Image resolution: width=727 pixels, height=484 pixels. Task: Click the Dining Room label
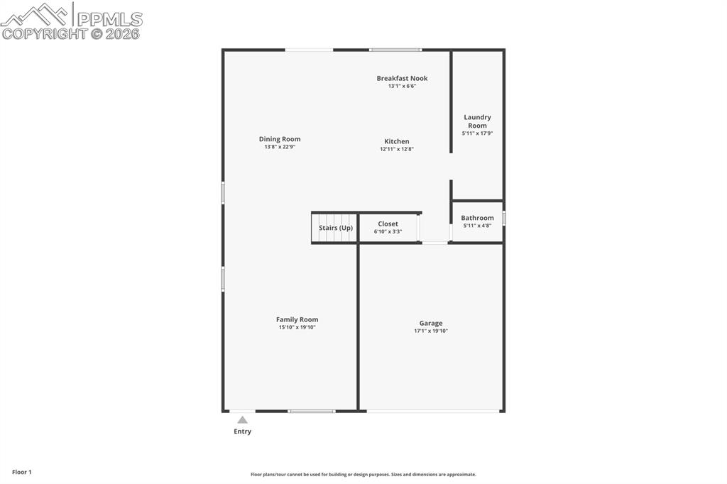(279, 139)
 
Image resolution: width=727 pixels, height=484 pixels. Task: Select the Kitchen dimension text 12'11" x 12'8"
(396, 149)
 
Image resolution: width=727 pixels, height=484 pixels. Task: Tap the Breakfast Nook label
(402, 78)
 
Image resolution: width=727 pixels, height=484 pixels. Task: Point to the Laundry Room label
(477, 121)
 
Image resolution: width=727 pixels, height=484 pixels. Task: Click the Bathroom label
(477, 218)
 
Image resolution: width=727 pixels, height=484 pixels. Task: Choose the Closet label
(388, 224)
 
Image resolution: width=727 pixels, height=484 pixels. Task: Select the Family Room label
(297, 319)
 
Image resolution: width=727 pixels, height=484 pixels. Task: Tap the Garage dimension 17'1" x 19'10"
(431, 331)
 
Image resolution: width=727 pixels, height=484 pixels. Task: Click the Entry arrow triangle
(242, 420)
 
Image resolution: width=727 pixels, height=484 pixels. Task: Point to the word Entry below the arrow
(242, 431)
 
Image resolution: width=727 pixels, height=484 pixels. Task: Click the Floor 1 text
(21, 472)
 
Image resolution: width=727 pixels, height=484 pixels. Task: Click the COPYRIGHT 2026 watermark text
(71, 33)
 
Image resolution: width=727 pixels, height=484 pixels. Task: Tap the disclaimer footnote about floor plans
(363, 475)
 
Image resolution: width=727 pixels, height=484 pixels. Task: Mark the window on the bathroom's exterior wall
(504, 218)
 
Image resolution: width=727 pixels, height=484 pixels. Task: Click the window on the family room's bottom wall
(311, 411)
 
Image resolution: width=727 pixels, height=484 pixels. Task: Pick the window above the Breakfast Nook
(395, 50)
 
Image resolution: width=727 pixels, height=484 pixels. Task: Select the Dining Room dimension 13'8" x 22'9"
(279, 147)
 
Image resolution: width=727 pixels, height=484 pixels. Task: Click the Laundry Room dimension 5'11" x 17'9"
(477, 133)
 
